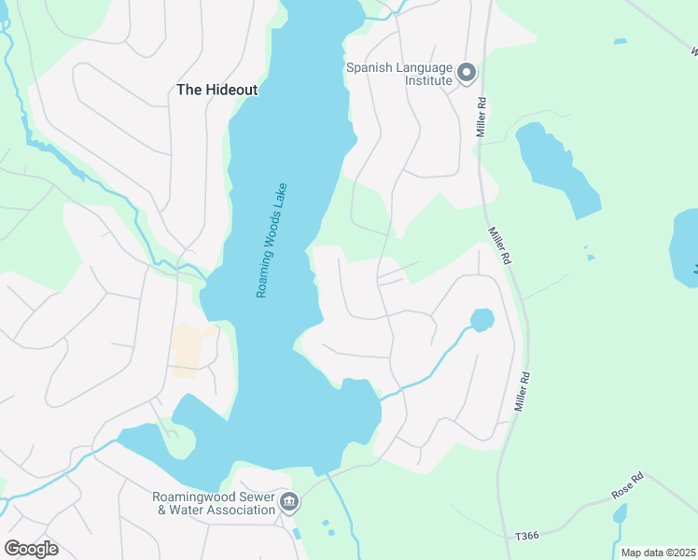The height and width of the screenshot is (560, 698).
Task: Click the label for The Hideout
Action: tap(216, 91)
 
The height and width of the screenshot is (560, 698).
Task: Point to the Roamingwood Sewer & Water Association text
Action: tap(215, 503)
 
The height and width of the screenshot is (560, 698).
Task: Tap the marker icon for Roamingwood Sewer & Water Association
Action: tap(289, 503)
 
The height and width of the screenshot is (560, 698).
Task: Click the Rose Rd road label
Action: tap(627, 483)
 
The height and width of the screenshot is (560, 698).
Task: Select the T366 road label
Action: tap(527, 537)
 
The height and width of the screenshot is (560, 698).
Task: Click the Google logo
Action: tap(31, 548)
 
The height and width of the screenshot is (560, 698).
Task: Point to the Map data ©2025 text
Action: tap(657, 553)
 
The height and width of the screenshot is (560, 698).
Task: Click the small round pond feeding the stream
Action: tap(482, 320)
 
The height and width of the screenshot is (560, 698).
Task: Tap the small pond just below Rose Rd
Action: tap(620, 513)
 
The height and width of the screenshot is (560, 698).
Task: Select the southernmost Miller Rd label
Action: tap(523, 393)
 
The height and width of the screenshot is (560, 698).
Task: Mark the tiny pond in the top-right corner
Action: tap(621, 41)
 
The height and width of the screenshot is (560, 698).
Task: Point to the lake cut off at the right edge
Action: tap(685, 246)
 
